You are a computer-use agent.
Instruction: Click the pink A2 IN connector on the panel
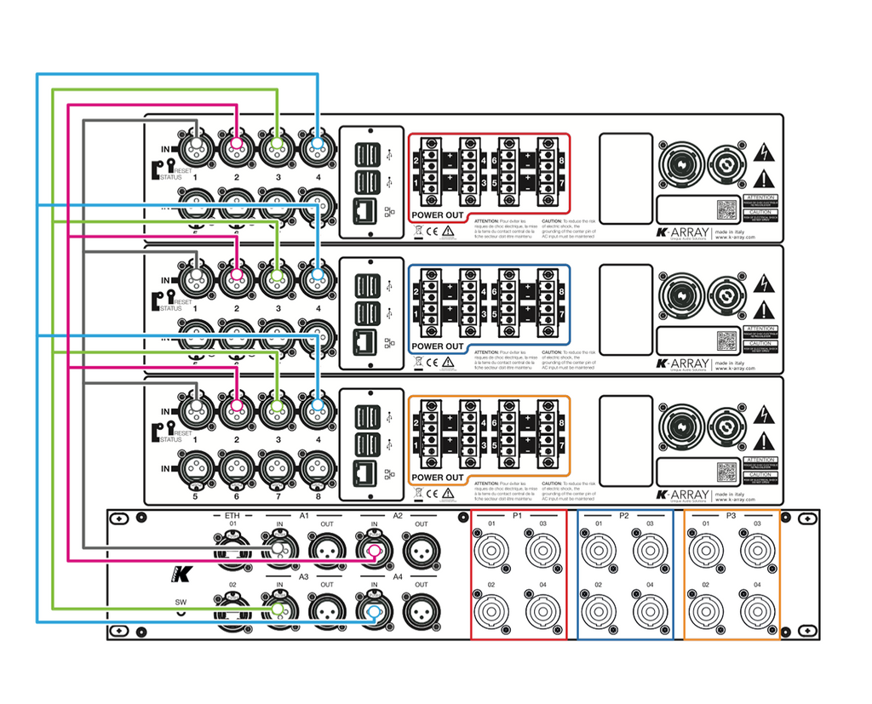(372, 551)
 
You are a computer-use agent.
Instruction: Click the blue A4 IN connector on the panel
(372, 611)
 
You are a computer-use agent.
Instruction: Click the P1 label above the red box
(517, 516)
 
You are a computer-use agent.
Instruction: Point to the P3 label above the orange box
(731, 516)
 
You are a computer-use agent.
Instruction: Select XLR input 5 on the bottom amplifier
(194, 467)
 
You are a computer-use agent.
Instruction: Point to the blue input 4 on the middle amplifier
(318, 278)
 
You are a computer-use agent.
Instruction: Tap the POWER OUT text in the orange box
(438, 478)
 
